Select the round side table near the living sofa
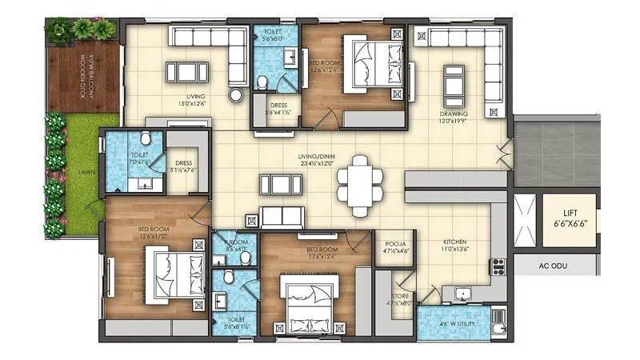click(236, 94)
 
